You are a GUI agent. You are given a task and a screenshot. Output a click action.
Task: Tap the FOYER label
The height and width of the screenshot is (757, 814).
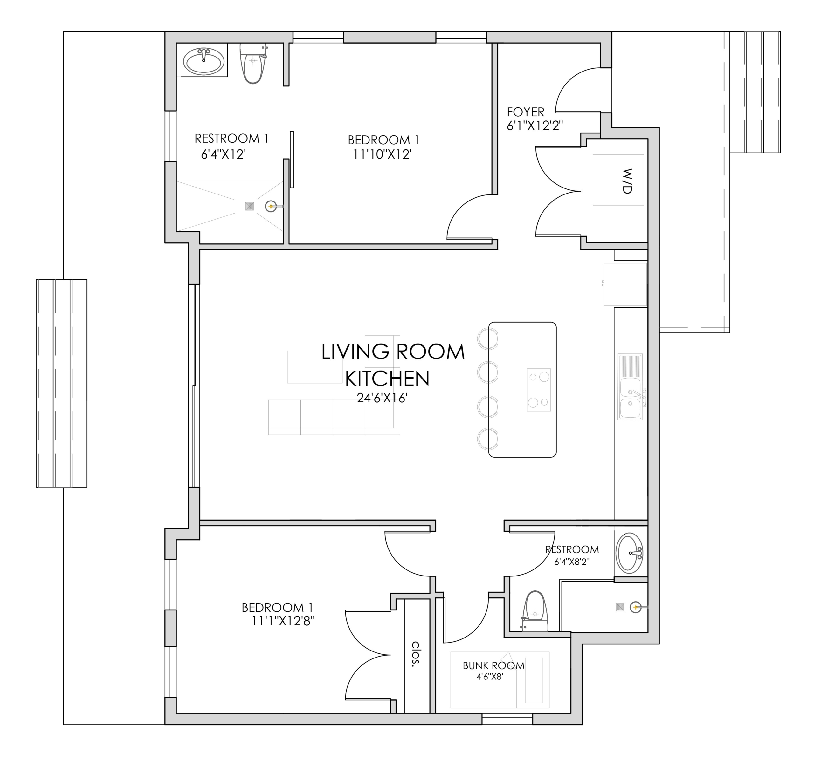point(525,112)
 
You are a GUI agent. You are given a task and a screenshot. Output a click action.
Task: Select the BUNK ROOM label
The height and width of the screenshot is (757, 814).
point(493,666)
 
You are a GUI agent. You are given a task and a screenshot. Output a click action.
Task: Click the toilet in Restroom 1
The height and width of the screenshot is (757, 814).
point(253,64)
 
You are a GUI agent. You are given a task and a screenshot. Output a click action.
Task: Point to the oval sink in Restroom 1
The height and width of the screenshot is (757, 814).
point(203,61)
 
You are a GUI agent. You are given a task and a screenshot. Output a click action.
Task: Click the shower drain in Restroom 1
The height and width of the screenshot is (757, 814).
point(249,206)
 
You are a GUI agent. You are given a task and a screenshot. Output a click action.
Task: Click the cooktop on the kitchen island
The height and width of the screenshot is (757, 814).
point(538,390)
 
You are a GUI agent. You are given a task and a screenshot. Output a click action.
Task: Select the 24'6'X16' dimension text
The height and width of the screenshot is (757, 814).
point(382,398)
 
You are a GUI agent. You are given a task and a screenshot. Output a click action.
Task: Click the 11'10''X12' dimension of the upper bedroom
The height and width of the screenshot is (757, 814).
point(383,154)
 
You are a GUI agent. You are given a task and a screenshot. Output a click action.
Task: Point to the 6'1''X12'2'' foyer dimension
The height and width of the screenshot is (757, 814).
point(535,126)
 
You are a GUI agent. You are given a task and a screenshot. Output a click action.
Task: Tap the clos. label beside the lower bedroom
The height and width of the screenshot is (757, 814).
point(416,654)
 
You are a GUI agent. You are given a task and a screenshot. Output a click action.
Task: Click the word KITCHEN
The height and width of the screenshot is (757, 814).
point(387,378)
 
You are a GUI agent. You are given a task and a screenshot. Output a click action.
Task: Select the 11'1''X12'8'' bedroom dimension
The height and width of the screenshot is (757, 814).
point(283,622)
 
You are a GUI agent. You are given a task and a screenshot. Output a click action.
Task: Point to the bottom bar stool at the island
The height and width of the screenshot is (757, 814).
point(488,438)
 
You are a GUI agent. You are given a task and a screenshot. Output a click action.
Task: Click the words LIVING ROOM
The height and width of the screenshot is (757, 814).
point(393,352)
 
